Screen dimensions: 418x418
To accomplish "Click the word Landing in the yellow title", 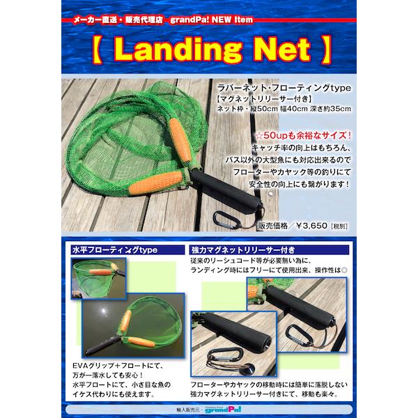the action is pos(178,50).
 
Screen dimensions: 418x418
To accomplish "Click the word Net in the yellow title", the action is pos(283,49).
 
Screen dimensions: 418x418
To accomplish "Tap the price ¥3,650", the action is pos(311,226).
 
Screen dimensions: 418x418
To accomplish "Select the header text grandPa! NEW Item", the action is pos(211,20).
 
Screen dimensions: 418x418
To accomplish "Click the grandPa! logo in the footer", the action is pos(223,409).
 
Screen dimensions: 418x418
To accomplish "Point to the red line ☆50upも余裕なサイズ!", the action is pos(303,135).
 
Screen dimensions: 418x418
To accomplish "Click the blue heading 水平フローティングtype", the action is pos(115,250).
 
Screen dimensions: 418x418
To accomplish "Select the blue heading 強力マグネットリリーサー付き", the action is pos(243,250).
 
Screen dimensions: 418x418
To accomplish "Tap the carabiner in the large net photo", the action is pos(226,219).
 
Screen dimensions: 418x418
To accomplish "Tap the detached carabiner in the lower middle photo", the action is pos(226,355).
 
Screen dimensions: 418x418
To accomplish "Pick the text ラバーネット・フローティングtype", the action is pos(284,88).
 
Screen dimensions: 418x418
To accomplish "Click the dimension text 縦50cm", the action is pos(259,109).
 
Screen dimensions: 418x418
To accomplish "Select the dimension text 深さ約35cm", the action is pos(330,109).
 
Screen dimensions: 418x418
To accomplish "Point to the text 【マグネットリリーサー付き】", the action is pos(264,99).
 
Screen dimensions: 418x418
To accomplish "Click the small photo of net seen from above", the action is pos(99,278).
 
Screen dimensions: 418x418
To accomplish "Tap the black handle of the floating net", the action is pos(103,346).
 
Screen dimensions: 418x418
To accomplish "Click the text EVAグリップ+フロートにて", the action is pos(118,366).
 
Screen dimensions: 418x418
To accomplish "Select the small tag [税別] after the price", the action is pos(339,226).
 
